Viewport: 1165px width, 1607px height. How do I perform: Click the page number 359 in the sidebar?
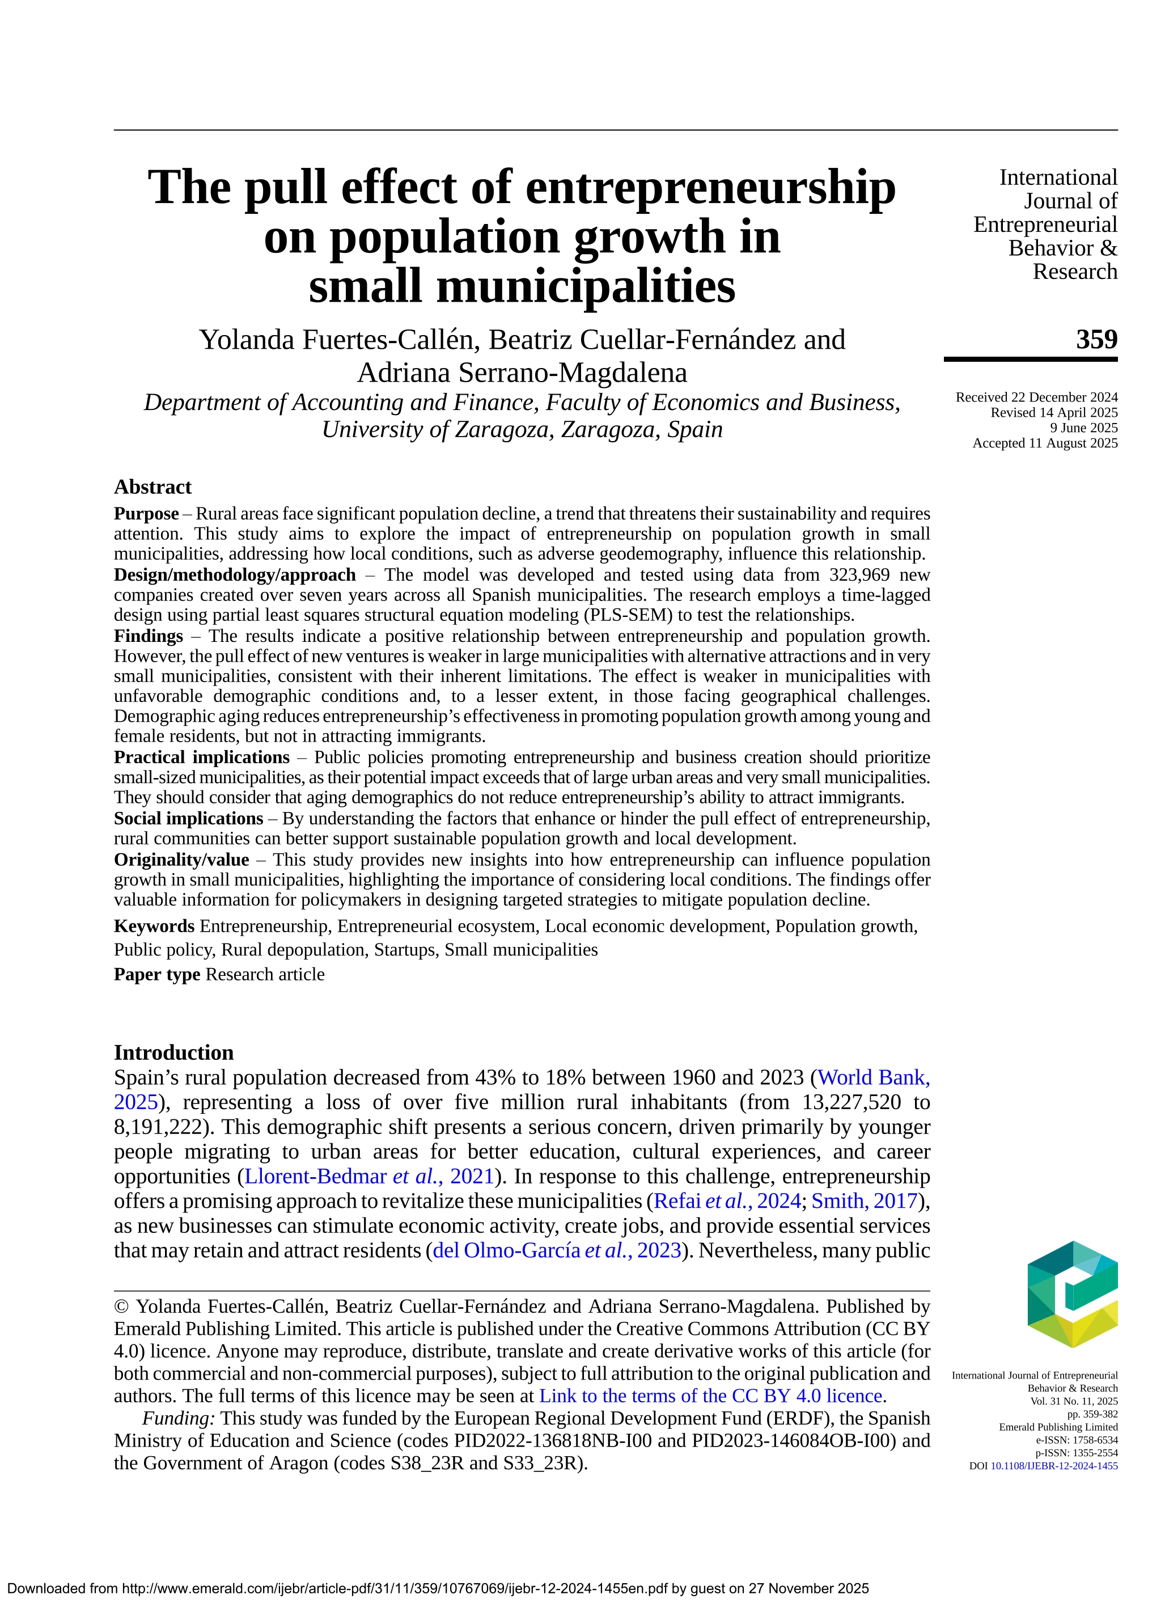1096,340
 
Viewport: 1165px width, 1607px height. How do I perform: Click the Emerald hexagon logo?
1071,1295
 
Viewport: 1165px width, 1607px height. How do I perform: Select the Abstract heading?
152,488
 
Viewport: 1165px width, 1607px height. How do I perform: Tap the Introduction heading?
173,1052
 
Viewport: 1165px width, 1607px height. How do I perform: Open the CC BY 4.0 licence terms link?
711,1396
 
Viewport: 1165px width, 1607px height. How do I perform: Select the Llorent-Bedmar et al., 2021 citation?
369,1176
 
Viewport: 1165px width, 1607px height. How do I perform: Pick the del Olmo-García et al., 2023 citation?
557,1250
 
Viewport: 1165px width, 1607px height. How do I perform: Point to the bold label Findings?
148,636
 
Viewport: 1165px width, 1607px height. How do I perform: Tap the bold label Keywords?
154,926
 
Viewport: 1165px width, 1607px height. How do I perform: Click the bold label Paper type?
156,974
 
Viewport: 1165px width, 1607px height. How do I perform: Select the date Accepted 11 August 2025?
1045,443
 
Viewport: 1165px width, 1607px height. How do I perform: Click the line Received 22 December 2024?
1036,397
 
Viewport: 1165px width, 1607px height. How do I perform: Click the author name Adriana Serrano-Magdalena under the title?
522,373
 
